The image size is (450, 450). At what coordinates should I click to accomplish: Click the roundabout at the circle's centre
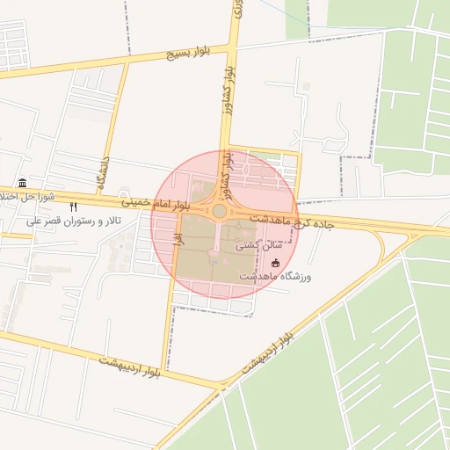218,211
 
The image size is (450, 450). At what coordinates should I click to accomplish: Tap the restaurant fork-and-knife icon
85,207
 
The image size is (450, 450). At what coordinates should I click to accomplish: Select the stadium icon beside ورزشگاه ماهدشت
275,262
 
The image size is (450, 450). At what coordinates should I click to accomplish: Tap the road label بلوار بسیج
189,54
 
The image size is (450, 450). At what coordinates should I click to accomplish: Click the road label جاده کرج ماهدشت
291,221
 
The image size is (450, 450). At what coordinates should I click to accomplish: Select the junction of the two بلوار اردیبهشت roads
223,385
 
